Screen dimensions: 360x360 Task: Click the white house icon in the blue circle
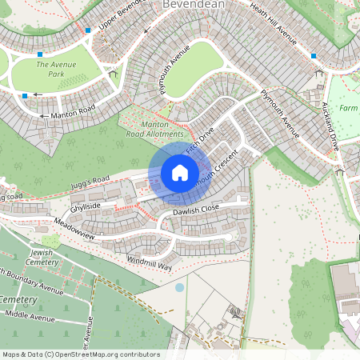(179, 172)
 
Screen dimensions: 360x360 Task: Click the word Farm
(348, 108)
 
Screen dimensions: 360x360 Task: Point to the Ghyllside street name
(86, 206)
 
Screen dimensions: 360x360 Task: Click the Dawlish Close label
(196, 210)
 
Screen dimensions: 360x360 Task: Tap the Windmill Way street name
(150, 262)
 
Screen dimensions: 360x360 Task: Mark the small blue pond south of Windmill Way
(179, 286)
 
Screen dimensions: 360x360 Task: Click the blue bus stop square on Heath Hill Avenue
(314, 56)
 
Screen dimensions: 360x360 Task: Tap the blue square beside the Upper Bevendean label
(88, 30)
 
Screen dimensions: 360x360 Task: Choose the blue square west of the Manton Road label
(25, 96)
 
